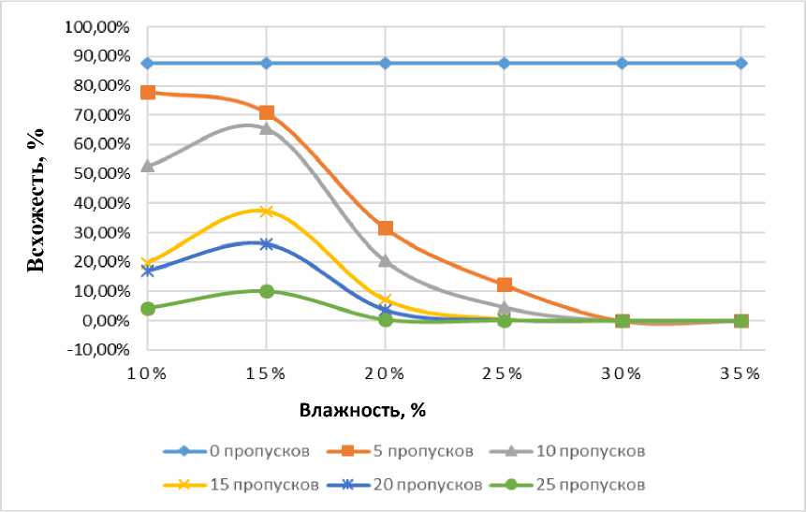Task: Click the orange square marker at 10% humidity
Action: pyautogui.click(x=148, y=92)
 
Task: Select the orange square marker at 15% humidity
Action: pyautogui.click(x=267, y=112)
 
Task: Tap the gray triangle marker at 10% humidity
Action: pyautogui.click(x=148, y=166)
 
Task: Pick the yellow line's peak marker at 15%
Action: pyautogui.click(x=267, y=212)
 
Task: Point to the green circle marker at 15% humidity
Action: pyautogui.click(x=267, y=291)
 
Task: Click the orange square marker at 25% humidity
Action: pyautogui.click(x=504, y=285)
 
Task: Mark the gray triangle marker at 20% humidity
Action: pyautogui.click(x=385, y=261)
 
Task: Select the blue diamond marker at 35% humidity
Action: pyautogui.click(x=740, y=63)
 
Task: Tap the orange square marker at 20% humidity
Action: pyautogui.click(x=385, y=228)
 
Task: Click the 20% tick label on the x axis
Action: pyautogui.click(x=385, y=374)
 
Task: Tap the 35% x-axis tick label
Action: pyautogui.click(x=740, y=374)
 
